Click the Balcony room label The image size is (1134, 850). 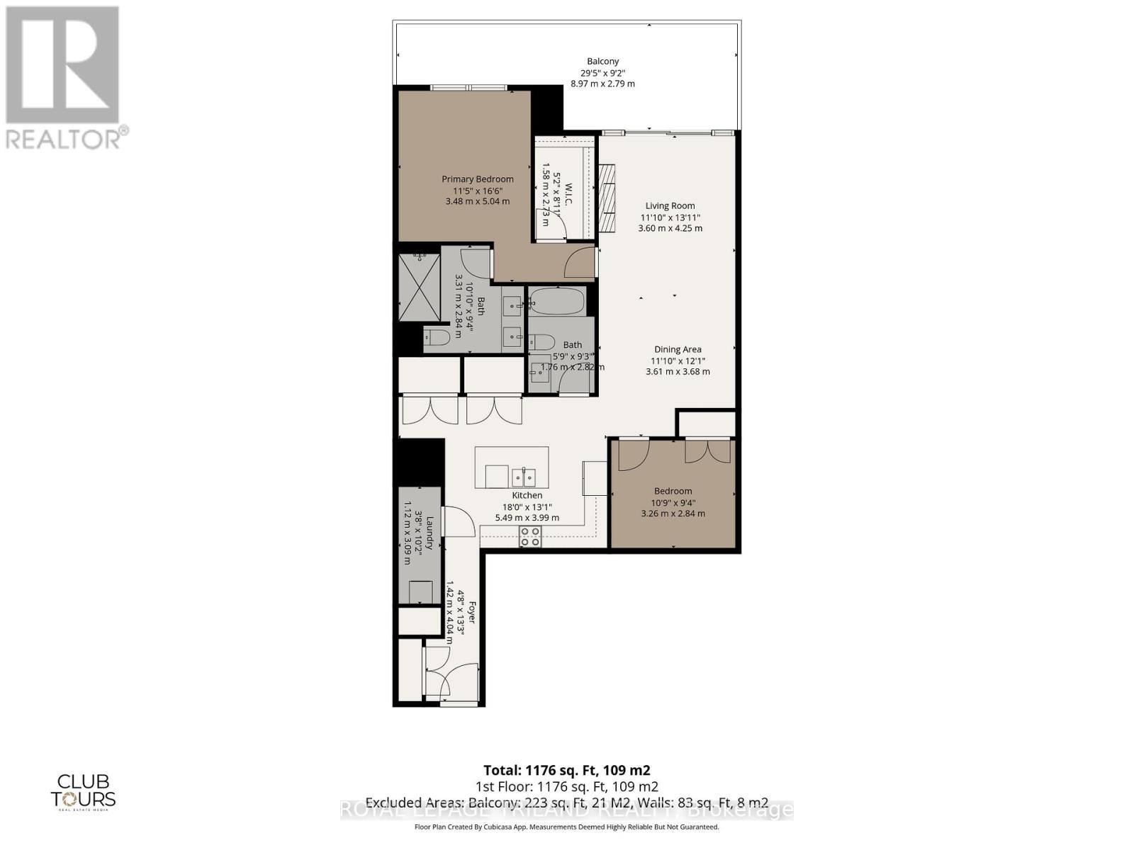pos(602,62)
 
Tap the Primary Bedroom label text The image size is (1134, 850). pos(478,179)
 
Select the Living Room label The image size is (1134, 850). pos(670,206)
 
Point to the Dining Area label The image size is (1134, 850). pos(678,349)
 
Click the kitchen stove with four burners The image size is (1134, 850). pos(530,536)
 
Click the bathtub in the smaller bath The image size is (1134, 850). pos(557,302)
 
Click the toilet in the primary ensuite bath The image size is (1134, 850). pos(437,336)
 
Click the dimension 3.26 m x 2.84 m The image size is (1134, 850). pos(673,514)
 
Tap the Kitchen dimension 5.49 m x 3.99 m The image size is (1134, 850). pos(527,518)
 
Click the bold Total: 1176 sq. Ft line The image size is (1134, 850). pos(566,770)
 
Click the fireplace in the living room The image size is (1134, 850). pos(607,198)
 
